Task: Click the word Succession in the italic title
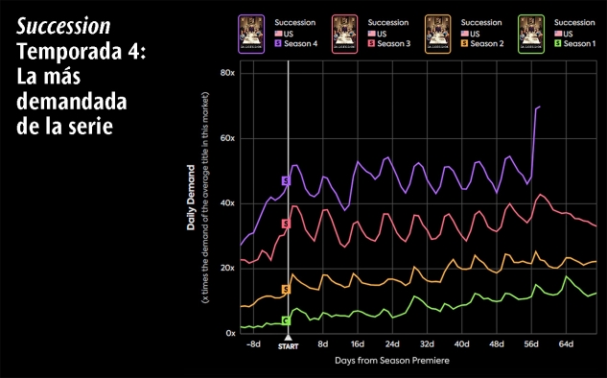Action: (63, 26)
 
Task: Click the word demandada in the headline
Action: (72, 101)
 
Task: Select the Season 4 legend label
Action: (301, 44)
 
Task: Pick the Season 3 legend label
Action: (394, 44)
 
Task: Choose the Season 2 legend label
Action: (487, 44)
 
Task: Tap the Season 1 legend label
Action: (579, 44)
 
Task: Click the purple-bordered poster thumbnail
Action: (251, 35)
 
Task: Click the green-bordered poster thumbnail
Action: (531, 35)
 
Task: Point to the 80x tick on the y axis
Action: (227, 73)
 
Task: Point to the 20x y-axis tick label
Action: (227, 268)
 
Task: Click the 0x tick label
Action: (230, 333)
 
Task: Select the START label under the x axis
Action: (288, 346)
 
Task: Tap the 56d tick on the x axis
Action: (531, 343)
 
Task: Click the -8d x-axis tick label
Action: (253, 343)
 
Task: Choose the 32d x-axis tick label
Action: (427, 343)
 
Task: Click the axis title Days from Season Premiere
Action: (392, 361)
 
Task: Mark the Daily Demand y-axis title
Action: (191, 198)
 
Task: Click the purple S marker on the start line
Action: (286, 181)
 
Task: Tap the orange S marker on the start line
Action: (286, 290)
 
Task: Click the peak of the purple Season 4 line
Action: (539, 106)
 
